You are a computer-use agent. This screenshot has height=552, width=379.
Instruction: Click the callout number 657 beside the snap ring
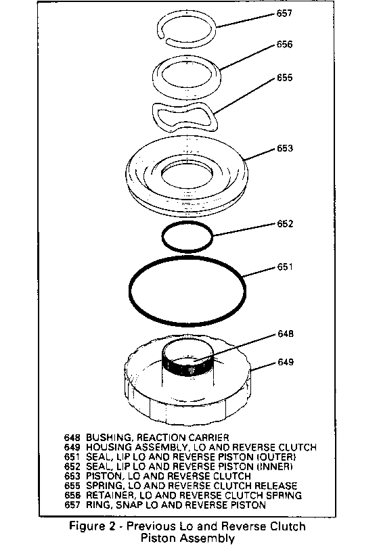click(x=284, y=14)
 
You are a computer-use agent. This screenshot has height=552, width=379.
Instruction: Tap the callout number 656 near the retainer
click(x=284, y=45)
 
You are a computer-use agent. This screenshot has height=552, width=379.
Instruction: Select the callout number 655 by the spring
click(x=284, y=77)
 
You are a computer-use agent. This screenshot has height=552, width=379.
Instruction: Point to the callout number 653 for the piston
click(x=285, y=148)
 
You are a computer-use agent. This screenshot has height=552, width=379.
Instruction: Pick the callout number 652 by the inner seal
click(x=285, y=224)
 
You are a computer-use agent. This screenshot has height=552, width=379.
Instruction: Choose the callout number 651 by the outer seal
click(x=285, y=267)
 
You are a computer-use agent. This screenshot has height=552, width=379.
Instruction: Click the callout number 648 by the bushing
click(x=286, y=333)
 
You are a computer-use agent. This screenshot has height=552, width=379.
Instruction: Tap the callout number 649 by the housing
click(x=286, y=362)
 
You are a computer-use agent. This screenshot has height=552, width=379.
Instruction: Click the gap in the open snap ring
click(x=164, y=38)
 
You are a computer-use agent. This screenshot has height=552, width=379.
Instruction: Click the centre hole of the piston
click(x=187, y=174)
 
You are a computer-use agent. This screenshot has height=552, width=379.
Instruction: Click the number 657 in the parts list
click(x=72, y=505)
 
